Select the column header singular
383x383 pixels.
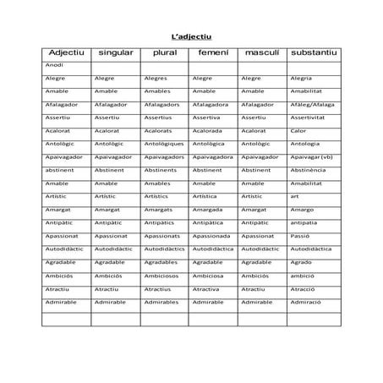click(x=116, y=53)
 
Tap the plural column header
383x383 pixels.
click(x=165, y=53)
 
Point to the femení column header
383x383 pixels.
click(x=213, y=53)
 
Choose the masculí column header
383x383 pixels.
click(x=261, y=53)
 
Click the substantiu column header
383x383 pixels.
click(x=313, y=53)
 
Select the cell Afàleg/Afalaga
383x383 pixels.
click(x=312, y=104)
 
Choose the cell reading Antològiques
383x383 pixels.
click(x=164, y=144)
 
